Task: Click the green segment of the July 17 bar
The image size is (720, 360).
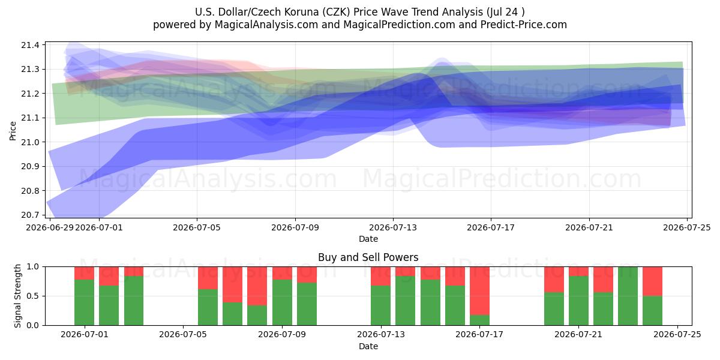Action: [x=479, y=320]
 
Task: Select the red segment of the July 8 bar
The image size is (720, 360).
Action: [x=257, y=286]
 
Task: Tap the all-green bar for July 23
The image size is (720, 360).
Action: [x=628, y=296]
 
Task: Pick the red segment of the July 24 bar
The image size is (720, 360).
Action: [x=653, y=281]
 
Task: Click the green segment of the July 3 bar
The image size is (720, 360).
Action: [x=134, y=301]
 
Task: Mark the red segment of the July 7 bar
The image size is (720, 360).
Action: [x=232, y=284]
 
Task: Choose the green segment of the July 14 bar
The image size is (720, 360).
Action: [x=406, y=301]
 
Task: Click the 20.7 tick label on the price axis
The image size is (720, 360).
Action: [x=30, y=215]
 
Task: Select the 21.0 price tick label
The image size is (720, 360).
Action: [x=30, y=142]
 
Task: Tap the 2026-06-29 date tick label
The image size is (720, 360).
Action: [x=50, y=227]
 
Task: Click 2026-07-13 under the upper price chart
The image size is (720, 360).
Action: [x=393, y=227]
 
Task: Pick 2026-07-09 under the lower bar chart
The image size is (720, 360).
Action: [x=282, y=334]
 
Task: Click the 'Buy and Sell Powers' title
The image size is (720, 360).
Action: [x=368, y=257]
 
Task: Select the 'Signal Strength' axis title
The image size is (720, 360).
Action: [x=17, y=296]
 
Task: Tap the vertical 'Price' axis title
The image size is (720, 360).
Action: [x=13, y=131]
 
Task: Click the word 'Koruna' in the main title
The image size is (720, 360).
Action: [x=301, y=12]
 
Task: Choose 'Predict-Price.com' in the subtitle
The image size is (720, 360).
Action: [x=524, y=25]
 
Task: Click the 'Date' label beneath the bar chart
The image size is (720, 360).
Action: [x=368, y=347]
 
